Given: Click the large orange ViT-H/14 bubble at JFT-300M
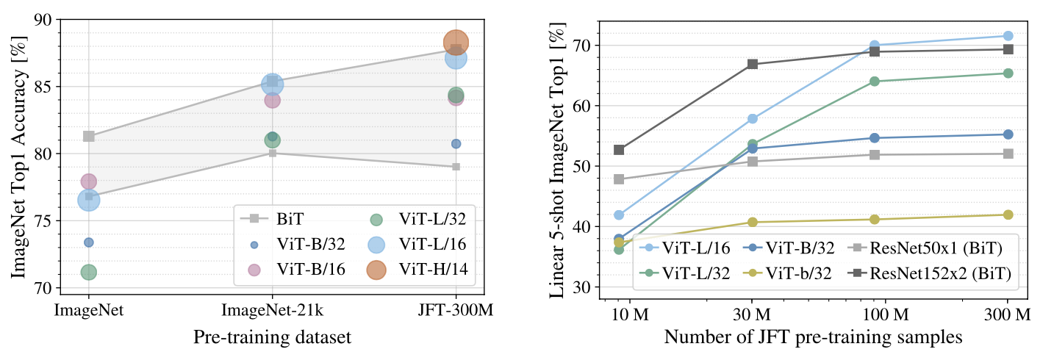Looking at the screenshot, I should [x=456, y=43].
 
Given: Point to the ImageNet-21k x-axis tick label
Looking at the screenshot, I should [x=272, y=312].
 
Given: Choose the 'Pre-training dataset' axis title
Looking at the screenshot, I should [x=272, y=337].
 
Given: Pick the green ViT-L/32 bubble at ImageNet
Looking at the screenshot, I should [x=88, y=273].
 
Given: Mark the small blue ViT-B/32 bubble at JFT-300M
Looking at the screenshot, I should [x=456, y=144].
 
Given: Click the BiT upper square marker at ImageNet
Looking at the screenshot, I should [x=88, y=136].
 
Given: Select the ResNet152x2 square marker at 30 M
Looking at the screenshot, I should [x=752, y=64].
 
